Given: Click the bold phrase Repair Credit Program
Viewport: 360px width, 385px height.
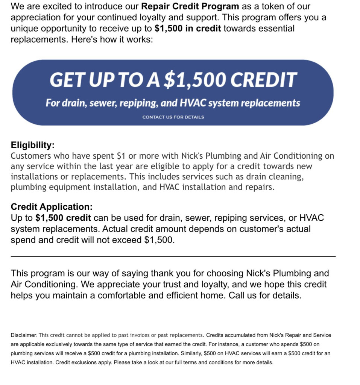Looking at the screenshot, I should click(x=190, y=6).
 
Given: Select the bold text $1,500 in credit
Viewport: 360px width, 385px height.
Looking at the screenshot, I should click(x=188, y=29).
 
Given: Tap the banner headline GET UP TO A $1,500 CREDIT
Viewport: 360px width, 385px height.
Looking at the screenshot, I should click(x=173, y=80).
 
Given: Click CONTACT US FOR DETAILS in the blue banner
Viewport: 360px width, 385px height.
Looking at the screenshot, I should click(x=173, y=117).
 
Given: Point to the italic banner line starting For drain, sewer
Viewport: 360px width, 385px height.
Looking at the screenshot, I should click(x=173, y=103).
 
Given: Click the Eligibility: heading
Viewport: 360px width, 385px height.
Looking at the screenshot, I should click(x=33, y=145).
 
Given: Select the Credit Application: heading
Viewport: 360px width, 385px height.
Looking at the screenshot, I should click(x=52, y=207).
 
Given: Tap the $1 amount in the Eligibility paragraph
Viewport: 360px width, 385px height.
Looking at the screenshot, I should click(x=121, y=156).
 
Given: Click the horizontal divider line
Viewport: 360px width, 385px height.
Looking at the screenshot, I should click(x=173, y=256).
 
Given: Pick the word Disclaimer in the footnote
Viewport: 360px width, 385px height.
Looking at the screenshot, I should click(x=23, y=335).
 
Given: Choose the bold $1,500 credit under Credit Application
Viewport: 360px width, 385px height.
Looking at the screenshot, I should click(x=63, y=218).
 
